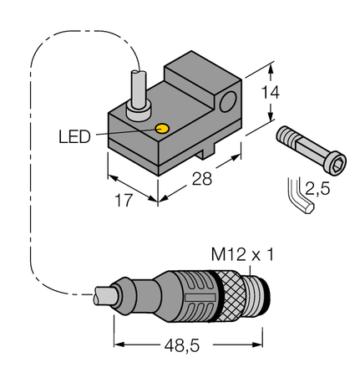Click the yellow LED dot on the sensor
[164, 129]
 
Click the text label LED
[75, 135]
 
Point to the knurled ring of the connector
[235, 295]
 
